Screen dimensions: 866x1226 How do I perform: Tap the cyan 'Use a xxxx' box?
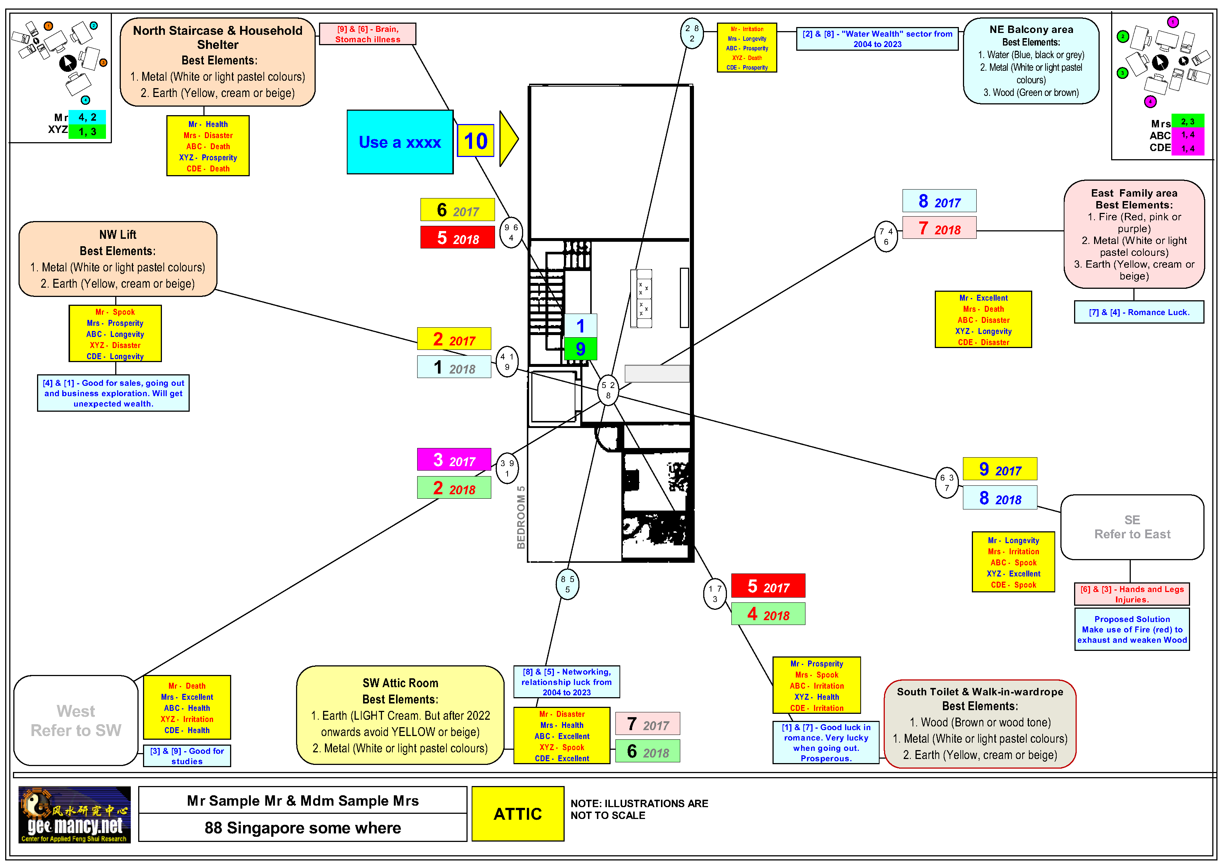click(399, 142)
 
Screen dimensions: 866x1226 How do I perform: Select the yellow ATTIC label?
click(518, 814)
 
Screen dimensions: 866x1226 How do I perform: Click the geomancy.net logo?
click(75, 814)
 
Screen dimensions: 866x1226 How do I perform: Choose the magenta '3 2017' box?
click(453, 460)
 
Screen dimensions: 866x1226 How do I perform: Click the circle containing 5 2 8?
click(608, 390)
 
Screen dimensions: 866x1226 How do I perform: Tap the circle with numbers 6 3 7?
click(947, 482)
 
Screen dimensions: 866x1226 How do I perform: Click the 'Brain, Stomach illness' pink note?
click(368, 34)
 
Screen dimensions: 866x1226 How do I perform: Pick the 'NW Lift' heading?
click(117, 235)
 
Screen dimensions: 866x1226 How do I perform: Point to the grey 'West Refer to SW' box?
click(76, 720)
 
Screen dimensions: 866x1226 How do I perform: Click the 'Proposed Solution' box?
click(1132, 630)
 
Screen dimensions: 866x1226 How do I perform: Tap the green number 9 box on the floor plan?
click(581, 349)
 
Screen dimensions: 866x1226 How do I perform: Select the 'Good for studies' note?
click(187, 756)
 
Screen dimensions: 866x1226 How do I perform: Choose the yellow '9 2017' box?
click(1000, 469)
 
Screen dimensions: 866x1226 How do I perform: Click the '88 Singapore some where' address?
click(303, 827)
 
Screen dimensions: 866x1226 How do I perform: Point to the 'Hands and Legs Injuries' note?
click(1132, 594)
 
